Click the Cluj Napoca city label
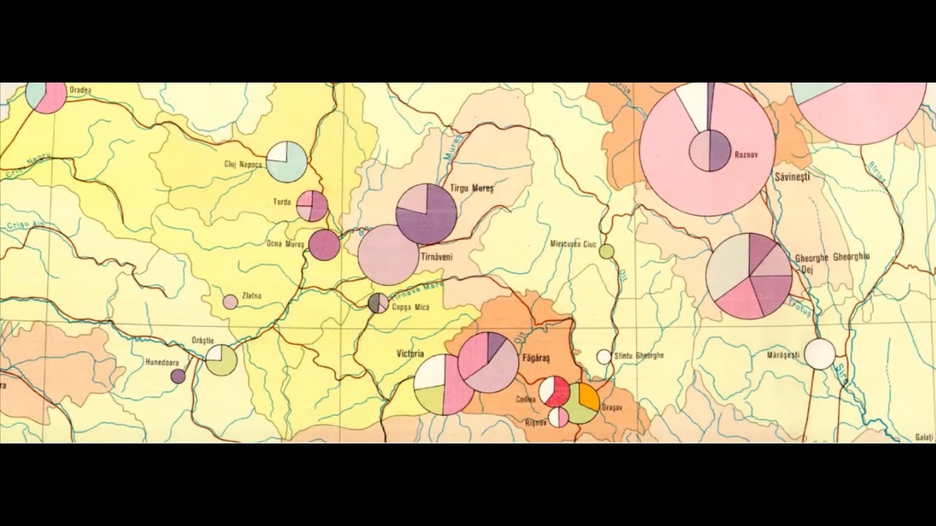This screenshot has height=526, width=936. point(243,164)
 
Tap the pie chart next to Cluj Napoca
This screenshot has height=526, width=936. point(286,161)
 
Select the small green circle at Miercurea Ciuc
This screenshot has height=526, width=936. point(606,251)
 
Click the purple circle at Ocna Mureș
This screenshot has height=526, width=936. point(324,245)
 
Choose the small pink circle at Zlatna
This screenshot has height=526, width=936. point(230,302)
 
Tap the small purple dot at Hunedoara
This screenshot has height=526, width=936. point(178,376)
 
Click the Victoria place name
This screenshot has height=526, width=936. point(410,354)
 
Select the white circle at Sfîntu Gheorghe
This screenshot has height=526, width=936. point(603,357)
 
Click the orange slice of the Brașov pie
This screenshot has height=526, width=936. point(589,396)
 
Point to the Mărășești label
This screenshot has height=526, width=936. point(783,355)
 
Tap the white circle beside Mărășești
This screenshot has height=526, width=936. point(820,354)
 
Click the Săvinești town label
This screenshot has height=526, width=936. point(791,178)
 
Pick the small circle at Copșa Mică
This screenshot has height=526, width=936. point(378,302)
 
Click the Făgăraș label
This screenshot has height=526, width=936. point(536,359)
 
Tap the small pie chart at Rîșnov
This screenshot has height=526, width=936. point(559,417)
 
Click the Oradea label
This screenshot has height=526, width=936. point(80,90)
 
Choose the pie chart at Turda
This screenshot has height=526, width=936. point(312,206)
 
